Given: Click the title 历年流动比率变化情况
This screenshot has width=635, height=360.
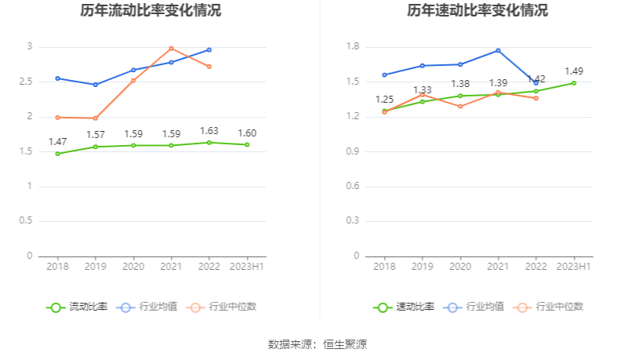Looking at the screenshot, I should [x=151, y=11].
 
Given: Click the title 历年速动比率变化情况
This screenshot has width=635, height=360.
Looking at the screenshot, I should [x=477, y=11].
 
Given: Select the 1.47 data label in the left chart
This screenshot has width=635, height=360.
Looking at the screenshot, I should [x=57, y=142].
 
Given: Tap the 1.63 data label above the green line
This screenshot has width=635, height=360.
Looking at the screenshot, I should [x=209, y=131].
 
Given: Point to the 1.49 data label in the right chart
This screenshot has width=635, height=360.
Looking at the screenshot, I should [x=574, y=71].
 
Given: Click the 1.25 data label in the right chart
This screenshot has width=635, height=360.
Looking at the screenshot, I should [x=384, y=100].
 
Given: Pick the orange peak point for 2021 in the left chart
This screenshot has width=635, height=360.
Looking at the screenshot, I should [x=171, y=49].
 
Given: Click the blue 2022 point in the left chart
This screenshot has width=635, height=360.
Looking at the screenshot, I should [x=209, y=49].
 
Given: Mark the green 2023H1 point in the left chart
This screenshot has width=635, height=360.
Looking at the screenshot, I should [x=247, y=144].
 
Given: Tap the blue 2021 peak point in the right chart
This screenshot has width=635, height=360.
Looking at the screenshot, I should [x=498, y=50].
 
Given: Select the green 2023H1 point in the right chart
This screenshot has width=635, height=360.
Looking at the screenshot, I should [x=574, y=83].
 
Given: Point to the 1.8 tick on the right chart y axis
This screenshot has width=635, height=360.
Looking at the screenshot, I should [x=352, y=47].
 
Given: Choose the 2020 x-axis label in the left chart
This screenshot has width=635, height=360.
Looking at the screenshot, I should [x=132, y=267].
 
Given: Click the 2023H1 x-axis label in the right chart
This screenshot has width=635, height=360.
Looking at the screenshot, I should [x=574, y=267].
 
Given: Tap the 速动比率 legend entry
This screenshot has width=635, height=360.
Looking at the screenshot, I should [x=405, y=307].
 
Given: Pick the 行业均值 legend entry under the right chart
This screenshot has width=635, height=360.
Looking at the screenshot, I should [x=478, y=307].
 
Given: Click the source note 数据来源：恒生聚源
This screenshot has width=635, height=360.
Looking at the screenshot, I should [x=317, y=344].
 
